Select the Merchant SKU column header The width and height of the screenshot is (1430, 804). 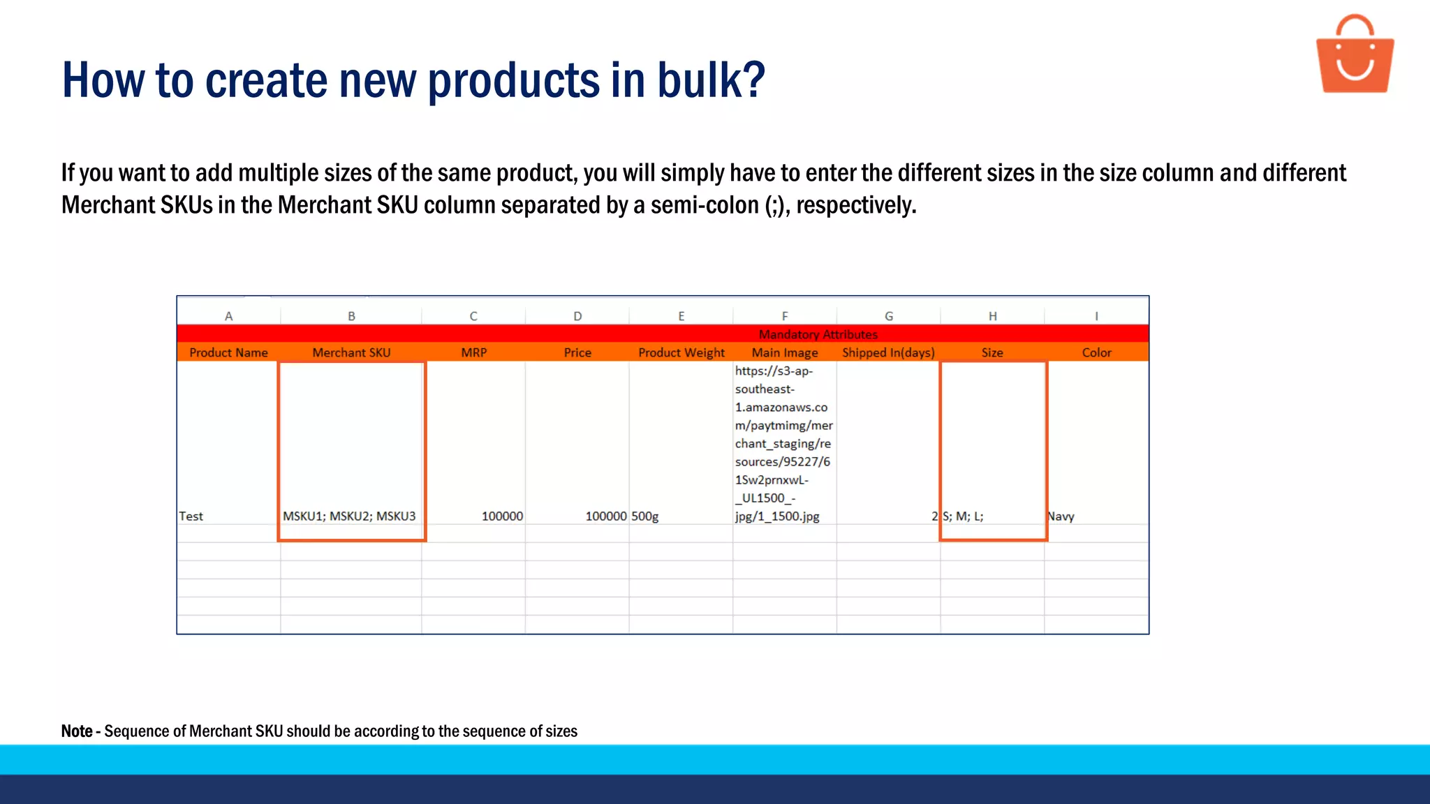[x=351, y=352]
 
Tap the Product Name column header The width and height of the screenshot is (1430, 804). [x=228, y=352]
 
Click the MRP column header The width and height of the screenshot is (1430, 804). [x=473, y=352]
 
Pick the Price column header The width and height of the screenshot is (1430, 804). [x=577, y=352]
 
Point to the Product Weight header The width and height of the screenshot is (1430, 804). [x=681, y=352]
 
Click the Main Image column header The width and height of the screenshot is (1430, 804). [x=785, y=352]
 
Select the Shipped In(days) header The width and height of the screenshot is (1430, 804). [x=888, y=352]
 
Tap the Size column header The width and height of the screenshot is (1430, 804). [x=992, y=352]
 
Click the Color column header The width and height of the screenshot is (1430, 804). [x=1096, y=352]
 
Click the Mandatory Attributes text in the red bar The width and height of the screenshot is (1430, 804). [x=818, y=334]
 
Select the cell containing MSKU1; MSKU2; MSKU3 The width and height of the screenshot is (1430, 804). [x=349, y=516]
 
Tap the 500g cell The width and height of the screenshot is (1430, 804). [x=645, y=516]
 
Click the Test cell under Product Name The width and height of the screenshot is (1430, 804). [x=191, y=516]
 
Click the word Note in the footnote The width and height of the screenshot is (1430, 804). [x=77, y=731]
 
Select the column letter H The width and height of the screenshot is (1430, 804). [x=992, y=316]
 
